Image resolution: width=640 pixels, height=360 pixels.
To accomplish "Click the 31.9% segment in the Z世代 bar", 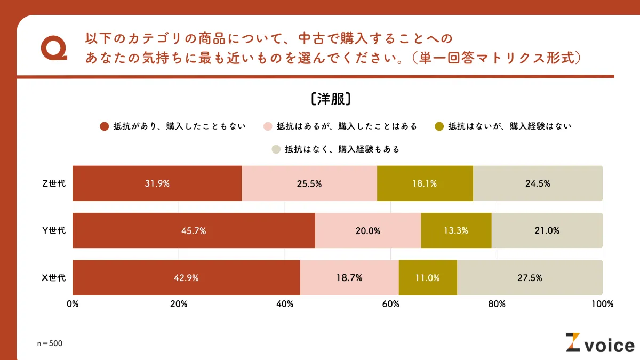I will (157, 183).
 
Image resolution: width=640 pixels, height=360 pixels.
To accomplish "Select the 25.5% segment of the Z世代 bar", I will (309, 183).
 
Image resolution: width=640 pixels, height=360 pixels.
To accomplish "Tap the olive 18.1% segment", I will (425, 183).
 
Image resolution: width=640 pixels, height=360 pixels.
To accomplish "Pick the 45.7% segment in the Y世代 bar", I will (194, 231).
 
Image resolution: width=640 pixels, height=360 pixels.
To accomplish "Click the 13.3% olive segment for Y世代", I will (456, 231).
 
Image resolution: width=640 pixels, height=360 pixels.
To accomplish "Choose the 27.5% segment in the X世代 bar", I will (530, 278).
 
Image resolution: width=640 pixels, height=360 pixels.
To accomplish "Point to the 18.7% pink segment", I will (349, 278).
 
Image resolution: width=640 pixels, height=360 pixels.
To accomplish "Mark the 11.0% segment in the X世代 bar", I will (428, 278).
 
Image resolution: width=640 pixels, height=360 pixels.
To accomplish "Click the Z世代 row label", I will (54, 183).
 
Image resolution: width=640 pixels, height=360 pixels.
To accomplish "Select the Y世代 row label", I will (54, 231).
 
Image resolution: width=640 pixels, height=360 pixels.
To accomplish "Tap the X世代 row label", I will (54, 278).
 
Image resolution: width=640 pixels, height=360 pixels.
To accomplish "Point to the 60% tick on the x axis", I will (391, 304).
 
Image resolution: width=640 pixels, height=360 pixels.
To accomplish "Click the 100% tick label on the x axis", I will (603, 304).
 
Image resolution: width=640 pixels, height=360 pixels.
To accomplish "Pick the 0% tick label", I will (73, 304).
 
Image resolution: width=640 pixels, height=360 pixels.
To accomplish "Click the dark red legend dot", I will (105, 126).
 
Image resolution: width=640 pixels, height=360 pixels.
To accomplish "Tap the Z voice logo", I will (599, 343).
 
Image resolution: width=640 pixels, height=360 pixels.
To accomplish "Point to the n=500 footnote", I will (50, 343).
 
